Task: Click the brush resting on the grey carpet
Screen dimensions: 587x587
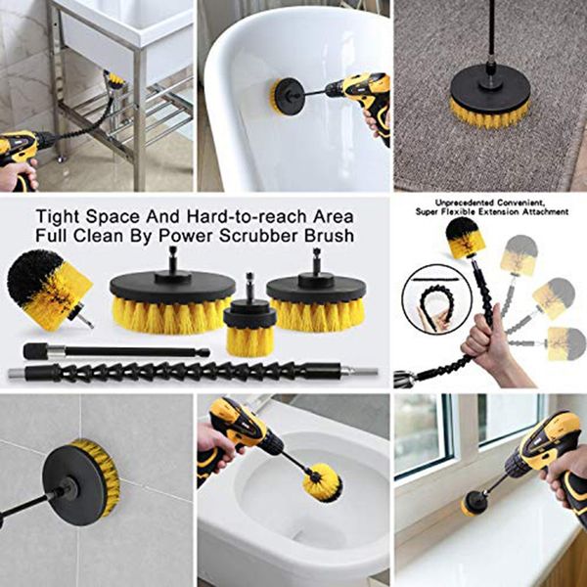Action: click(x=489, y=100)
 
